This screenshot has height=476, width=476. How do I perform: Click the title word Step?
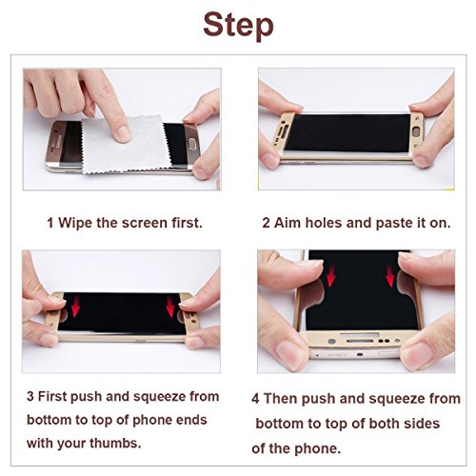point(238,26)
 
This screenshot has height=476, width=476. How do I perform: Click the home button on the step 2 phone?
point(416,131)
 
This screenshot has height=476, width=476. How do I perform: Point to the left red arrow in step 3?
point(75,306)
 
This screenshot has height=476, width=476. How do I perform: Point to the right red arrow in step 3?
point(170,307)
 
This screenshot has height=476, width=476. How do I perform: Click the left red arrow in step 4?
point(330,276)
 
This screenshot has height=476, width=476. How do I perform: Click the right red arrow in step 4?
point(390,276)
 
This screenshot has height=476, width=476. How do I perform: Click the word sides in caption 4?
point(422,424)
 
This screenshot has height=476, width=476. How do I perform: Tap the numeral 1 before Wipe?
point(50,223)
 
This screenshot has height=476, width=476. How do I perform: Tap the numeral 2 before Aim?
point(266,223)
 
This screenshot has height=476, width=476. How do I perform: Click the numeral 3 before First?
point(30,397)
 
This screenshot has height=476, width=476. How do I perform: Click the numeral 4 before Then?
point(255,399)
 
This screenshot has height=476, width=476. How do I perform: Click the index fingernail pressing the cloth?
point(123,134)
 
